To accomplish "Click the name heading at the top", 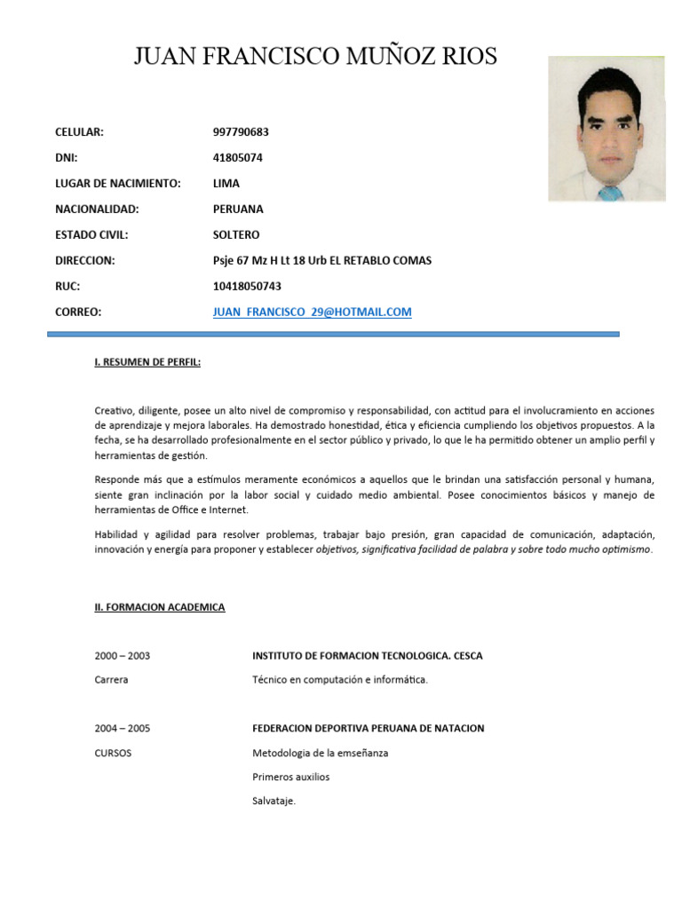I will [315, 58].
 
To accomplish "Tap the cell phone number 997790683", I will [241, 132].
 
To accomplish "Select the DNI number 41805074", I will [238, 158].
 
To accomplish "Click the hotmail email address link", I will [312, 312].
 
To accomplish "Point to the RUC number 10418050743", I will [247, 287].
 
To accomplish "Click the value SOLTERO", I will [236, 235].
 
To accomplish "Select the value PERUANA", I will [238, 209].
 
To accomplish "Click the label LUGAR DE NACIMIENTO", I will [118, 184].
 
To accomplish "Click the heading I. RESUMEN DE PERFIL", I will [147, 362].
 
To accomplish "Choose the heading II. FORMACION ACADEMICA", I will [160, 607].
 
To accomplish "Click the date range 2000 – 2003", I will [123, 656].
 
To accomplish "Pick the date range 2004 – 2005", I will [123, 729].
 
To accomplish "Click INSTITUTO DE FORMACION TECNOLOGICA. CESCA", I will [368, 656].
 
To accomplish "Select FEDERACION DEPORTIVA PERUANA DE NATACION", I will [369, 729].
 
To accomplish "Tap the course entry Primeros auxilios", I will [290, 777].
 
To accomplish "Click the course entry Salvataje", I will [274, 802].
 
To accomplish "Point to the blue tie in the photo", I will [609, 192].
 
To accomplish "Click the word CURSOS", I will [114, 753].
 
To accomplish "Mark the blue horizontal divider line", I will [333, 335].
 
